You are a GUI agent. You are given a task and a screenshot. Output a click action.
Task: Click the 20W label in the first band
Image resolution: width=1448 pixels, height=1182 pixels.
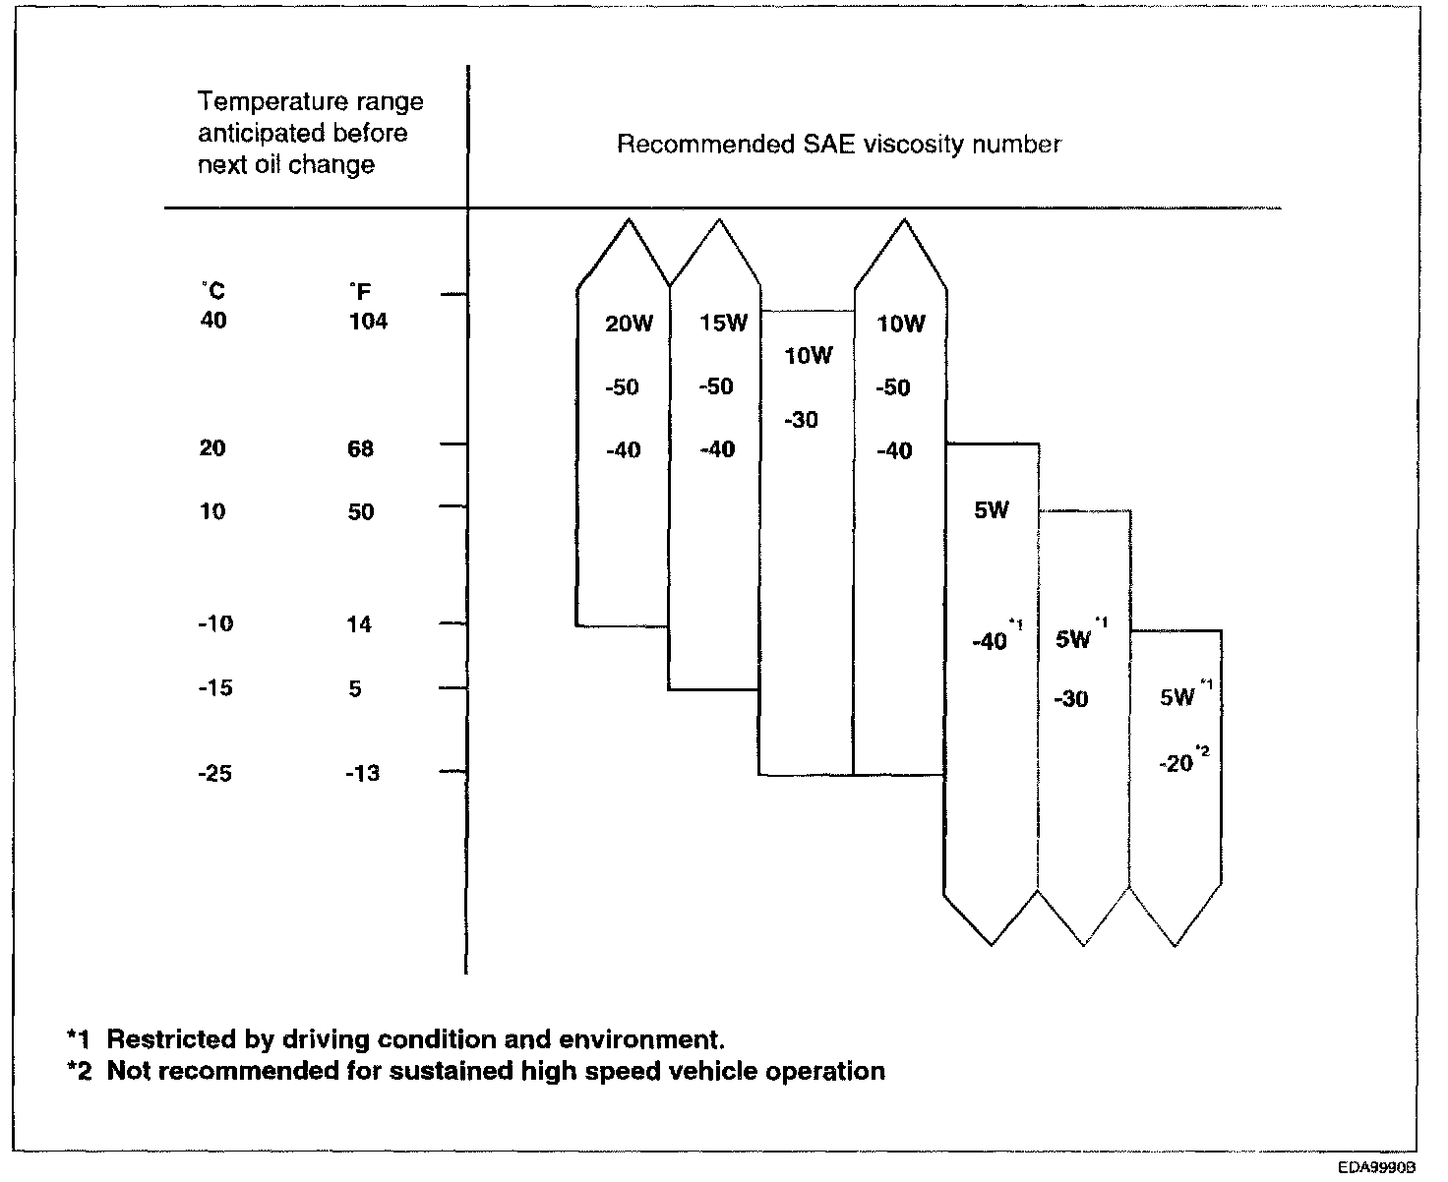[x=629, y=325]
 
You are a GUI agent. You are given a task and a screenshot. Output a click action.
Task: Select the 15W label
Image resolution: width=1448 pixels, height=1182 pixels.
[x=723, y=324]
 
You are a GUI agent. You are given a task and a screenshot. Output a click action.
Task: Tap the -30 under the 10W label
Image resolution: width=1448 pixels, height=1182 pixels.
[x=802, y=421]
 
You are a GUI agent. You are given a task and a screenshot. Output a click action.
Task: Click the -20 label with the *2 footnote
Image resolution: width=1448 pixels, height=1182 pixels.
[x=1176, y=763]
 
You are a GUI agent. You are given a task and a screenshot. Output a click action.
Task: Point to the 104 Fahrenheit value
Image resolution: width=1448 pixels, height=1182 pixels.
[x=368, y=322]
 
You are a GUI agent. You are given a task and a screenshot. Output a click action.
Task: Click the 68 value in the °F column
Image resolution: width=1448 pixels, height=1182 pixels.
[x=360, y=449]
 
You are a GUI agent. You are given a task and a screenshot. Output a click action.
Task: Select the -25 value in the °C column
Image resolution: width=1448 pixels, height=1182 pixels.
[x=214, y=774]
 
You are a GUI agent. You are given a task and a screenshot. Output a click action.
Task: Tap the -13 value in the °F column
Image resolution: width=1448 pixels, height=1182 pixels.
[x=362, y=774]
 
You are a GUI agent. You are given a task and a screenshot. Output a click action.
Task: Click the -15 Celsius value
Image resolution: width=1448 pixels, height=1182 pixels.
[x=214, y=688]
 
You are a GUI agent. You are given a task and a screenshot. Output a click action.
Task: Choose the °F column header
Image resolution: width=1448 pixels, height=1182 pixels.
[x=359, y=292]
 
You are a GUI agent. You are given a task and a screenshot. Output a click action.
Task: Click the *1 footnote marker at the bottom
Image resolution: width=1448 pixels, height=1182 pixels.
[x=79, y=1039]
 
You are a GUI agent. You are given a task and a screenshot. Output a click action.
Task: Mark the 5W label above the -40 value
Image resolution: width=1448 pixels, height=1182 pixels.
[x=991, y=511]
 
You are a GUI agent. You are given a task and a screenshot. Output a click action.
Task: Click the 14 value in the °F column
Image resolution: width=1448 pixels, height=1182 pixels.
[x=359, y=624]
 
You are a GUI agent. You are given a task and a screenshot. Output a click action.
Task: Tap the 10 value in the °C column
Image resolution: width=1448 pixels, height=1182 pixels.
[x=212, y=512]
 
